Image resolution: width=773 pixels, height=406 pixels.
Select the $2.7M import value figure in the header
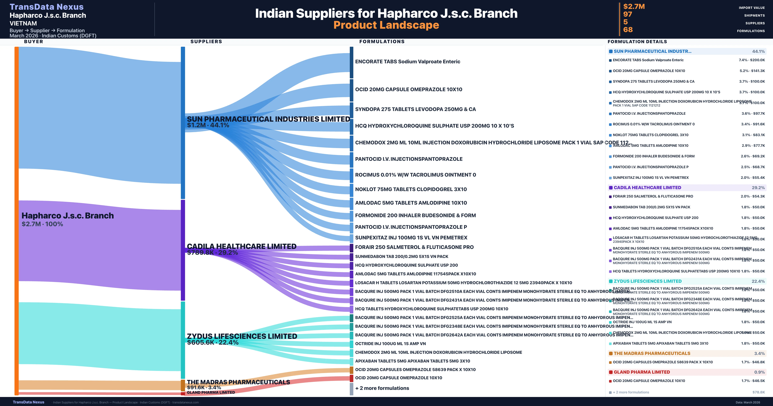[x=634, y=6]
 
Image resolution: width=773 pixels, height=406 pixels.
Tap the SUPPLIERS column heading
[x=206, y=41]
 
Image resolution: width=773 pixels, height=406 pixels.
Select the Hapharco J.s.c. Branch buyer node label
[x=67, y=216]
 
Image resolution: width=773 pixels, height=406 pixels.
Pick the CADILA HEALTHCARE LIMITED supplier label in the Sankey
[x=242, y=246]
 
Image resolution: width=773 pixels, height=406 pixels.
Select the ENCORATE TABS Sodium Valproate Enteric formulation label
[x=407, y=62]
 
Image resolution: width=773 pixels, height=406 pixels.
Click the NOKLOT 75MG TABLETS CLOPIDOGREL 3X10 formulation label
[x=411, y=189]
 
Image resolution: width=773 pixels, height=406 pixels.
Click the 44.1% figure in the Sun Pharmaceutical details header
[x=758, y=51]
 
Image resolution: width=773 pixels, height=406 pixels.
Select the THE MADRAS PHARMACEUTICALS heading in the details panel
[x=652, y=353]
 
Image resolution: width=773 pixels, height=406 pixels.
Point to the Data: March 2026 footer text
[x=748, y=402]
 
